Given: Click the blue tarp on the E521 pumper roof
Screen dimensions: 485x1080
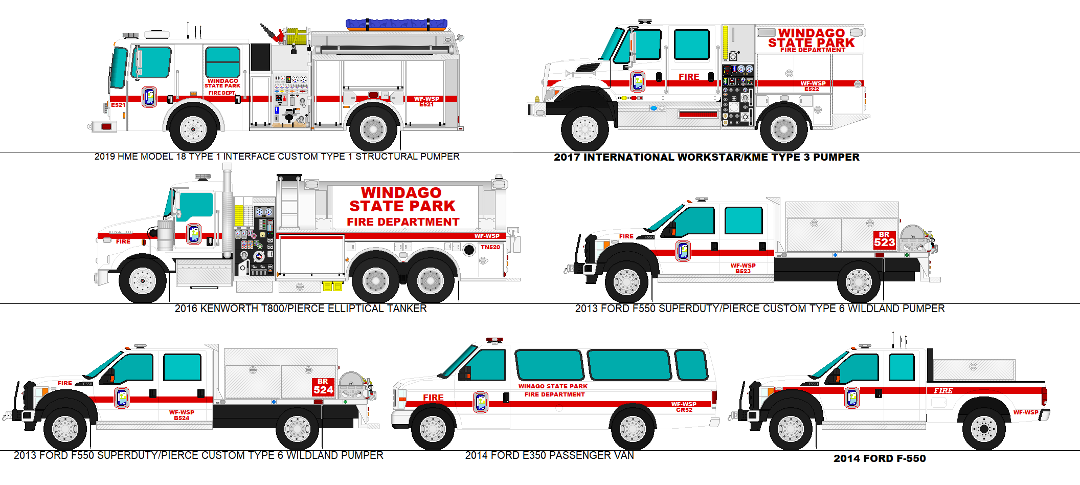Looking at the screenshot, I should point(396,24).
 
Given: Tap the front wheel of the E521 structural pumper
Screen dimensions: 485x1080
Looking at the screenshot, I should point(193,129).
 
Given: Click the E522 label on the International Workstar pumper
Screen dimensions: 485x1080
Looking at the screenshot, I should point(812,90).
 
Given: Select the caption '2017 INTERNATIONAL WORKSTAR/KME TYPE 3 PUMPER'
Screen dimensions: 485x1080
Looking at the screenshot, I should point(706,157).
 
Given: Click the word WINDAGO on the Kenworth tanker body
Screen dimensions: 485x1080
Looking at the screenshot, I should point(401,193).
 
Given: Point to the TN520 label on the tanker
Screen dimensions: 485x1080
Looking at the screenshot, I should point(490,247).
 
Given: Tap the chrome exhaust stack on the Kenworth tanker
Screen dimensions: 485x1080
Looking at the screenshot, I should point(227,215).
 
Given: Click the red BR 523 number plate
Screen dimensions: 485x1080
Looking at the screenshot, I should point(884,240).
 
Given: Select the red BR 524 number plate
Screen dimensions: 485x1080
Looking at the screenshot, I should point(323,387).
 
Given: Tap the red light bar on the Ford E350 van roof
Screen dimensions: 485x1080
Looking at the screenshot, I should point(494,340).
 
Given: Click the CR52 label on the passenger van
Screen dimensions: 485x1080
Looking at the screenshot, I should point(684,410).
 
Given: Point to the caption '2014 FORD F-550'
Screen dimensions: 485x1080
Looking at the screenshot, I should point(879,458).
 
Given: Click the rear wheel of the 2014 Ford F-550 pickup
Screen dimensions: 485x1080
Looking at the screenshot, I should point(983,428).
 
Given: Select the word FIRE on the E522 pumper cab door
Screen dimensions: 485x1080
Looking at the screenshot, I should point(689,77).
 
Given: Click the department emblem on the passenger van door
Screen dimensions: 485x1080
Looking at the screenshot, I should point(481,402).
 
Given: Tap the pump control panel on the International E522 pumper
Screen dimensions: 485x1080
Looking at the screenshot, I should point(738,95).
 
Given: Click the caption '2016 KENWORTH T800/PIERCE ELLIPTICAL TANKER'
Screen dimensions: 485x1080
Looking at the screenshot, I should point(300,308).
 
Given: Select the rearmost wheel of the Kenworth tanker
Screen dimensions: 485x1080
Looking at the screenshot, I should point(431,280).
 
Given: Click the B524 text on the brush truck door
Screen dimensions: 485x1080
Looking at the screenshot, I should point(182,418).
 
